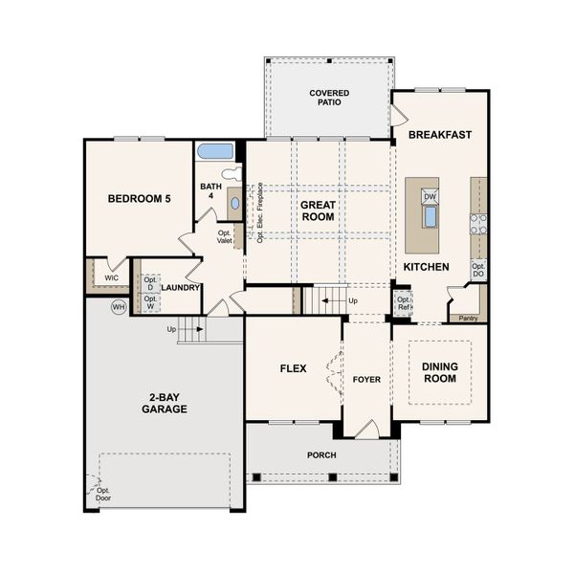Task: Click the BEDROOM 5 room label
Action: tap(139, 199)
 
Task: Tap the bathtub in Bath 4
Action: tap(215, 151)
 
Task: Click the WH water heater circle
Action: tap(119, 307)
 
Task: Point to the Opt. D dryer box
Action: tap(150, 283)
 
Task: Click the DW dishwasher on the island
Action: tap(430, 196)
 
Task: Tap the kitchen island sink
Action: tap(430, 216)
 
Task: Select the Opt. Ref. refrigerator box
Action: tap(404, 304)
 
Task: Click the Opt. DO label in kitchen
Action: tap(478, 270)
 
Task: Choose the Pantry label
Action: tap(468, 318)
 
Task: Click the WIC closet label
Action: tap(111, 277)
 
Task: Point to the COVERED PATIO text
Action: tap(328, 98)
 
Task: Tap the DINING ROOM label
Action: tap(440, 372)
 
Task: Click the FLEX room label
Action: tap(293, 368)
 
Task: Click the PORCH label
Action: tap(321, 454)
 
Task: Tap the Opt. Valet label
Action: tap(225, 236)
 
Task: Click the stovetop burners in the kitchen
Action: tap(477, 223)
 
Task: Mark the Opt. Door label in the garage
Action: tap(102, 494)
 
